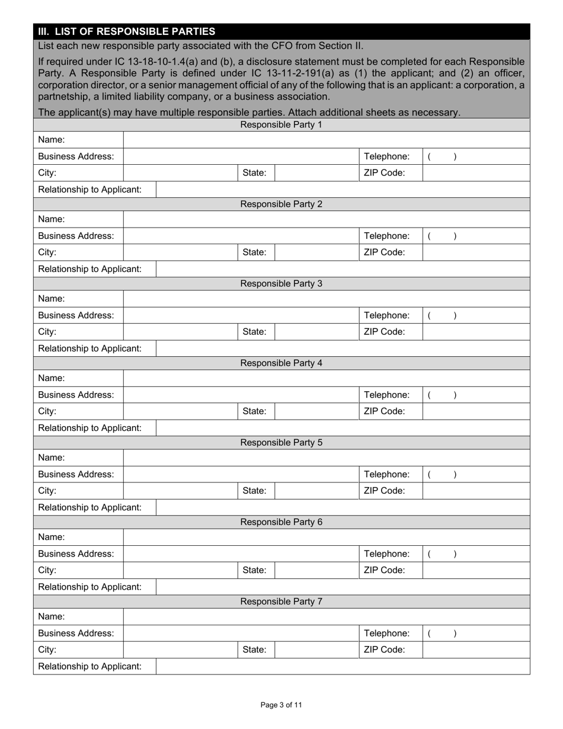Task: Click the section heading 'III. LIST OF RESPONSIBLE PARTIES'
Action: pyautogui.click(x=127, y=31)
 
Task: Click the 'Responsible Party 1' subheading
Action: pyautogui.click(x=281, y=124)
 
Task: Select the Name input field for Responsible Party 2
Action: pyautogui.click(x=326, y=219)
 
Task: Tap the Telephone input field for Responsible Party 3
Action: pyautogui.click(x=476, y=315)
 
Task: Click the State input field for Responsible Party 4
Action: pyautogui.click(x=316, y=411)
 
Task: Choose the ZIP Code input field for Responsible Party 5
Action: pyautogui.click(x=476, y=491)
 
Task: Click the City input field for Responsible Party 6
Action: pyautogui.click(x=180, y=570)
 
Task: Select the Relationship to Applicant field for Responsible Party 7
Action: pyautogui.click(x=343, y=666)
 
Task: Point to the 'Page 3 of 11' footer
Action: pyautogui.click(x=281, y=705)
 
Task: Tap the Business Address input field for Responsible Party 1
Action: pyautogui.click(x=241, y=156)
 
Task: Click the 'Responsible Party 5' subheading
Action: pyautogui.click(x=281, y=443)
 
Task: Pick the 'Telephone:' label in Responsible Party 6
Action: pyautogui.click(x=386, y=554)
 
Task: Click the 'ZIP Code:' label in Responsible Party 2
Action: pyautogui.click(x=384, y=252)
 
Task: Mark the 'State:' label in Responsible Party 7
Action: pyautogui.click(x=254, y=650)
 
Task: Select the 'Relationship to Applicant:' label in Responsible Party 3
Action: pyautogui.click(x=90, y=348)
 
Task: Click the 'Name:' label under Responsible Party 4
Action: pyautogui.click(x=52, y=378)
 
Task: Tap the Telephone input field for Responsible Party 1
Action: pyautogui.click(x=476, y=156)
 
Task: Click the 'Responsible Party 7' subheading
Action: pyautogui.click(x=281, y=602)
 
